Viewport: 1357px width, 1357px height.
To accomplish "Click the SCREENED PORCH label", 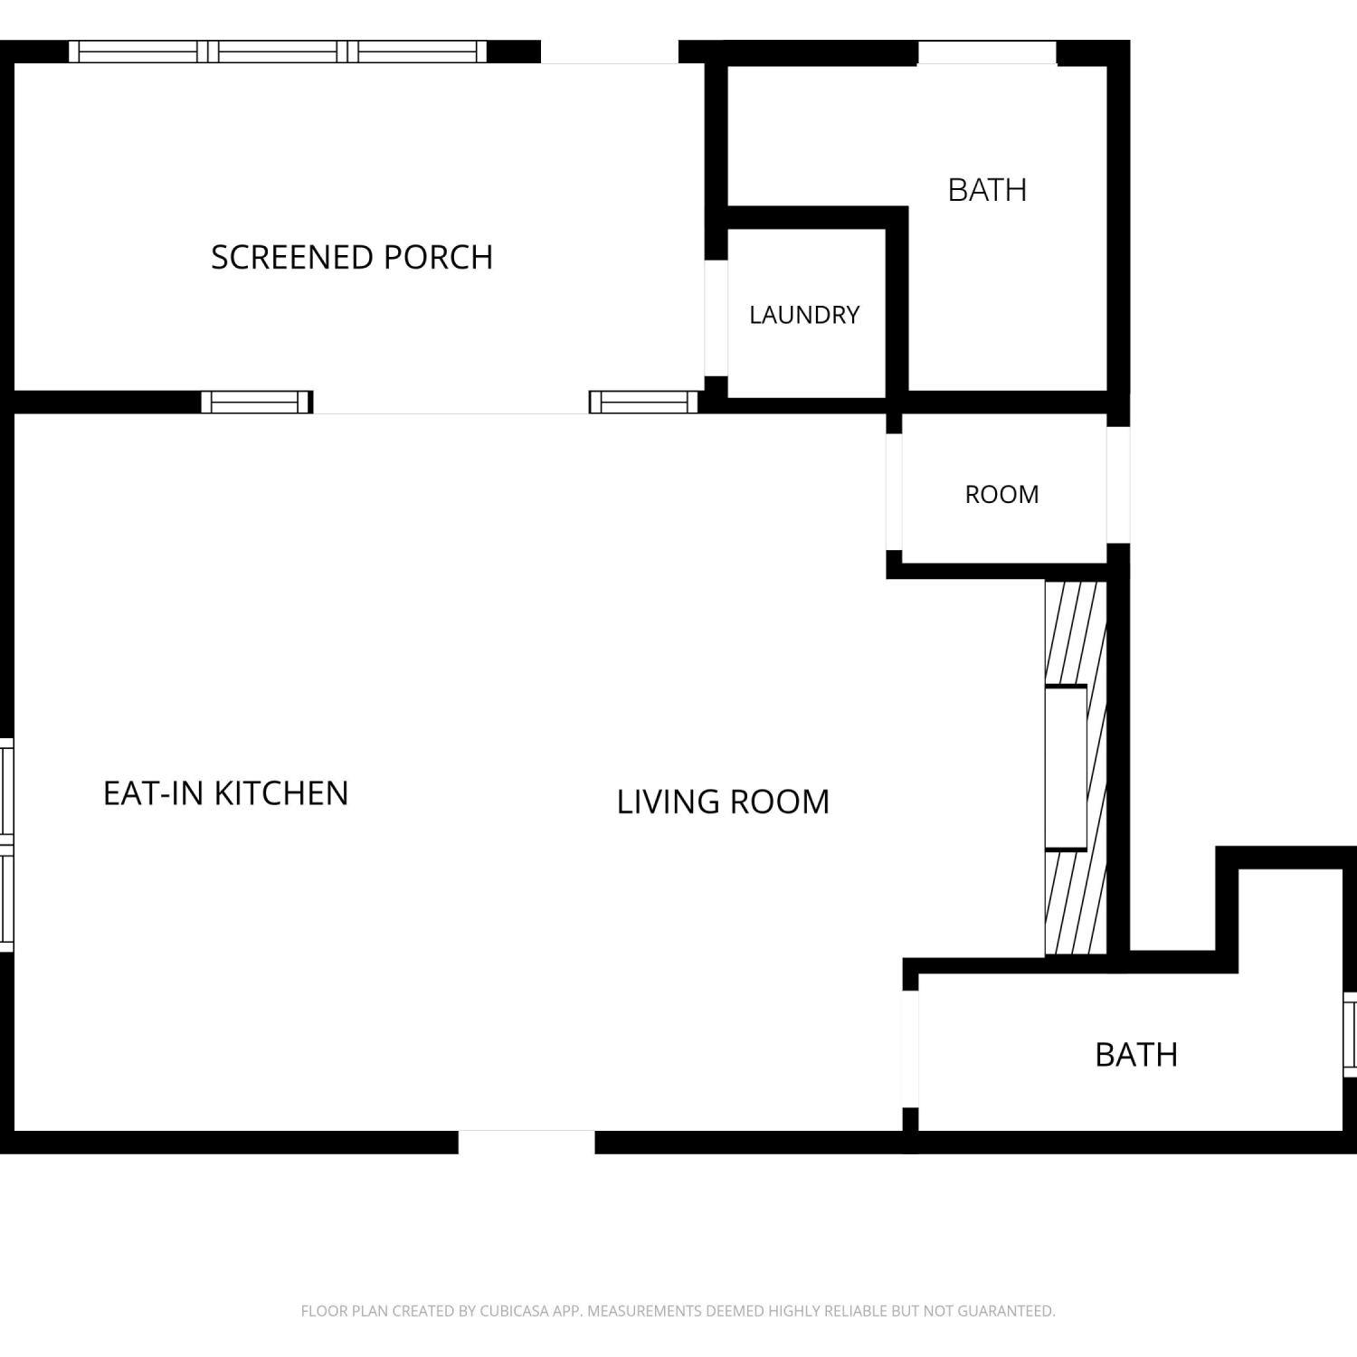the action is (352, 257).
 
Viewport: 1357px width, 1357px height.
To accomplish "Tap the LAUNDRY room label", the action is (804, 315).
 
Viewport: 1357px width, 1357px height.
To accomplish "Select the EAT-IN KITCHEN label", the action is (225, 793).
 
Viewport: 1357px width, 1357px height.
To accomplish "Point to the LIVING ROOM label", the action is (723, 802).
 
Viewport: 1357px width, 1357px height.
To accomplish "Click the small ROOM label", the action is (1001, 494).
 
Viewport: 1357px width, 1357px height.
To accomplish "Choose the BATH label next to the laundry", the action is (987, 190).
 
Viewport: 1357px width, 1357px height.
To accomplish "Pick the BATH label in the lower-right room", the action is (1136, 1055).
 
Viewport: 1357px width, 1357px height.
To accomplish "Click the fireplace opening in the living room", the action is (1066, 768).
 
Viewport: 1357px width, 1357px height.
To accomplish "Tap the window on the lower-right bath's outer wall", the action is (1350, 1034).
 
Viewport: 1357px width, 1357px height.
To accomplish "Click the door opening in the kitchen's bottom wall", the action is (527, 1142).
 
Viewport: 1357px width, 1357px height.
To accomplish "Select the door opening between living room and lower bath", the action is (910, 1049).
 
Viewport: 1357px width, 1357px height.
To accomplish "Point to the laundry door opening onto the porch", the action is (716, 318).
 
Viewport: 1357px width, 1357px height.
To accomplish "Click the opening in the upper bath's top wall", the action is (987, 52).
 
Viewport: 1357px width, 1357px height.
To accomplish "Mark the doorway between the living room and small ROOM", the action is (894, 492).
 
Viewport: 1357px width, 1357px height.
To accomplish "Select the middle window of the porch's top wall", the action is (278, 52).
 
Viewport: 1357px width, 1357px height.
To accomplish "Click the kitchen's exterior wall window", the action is (6, 845).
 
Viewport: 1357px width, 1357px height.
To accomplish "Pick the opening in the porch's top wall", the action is (610, 52).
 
